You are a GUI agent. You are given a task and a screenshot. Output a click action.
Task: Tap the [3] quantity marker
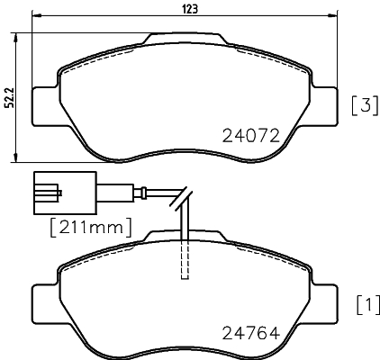(x=362, y=105)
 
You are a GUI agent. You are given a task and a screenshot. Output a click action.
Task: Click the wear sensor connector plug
(x=45, y=191)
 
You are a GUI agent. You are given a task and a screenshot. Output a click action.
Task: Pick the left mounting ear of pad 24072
(x=42, y=107)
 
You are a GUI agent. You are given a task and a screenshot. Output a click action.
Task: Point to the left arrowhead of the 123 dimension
(x=34, y=18)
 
